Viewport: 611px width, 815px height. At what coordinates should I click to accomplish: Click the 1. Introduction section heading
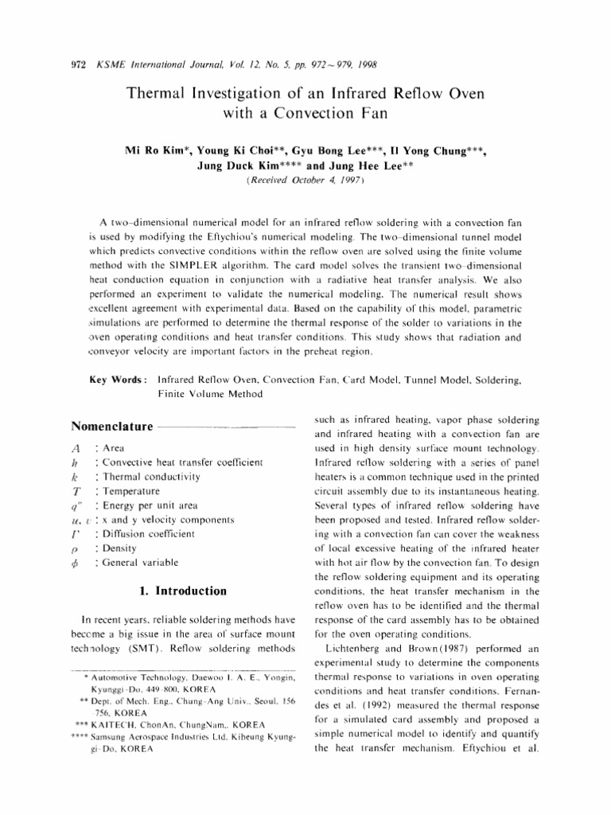pos(178,591)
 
